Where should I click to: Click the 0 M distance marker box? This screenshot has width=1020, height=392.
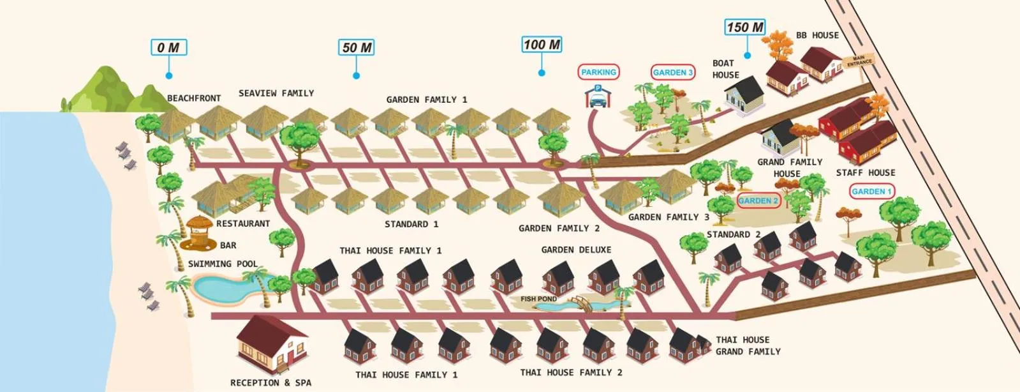click(169, 47)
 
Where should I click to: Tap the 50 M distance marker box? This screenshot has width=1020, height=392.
click(357, 47)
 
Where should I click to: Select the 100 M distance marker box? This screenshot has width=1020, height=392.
click(542, 44)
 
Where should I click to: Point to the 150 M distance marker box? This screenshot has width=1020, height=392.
click(745, 27)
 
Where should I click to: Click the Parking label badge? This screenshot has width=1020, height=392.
click(598, 72)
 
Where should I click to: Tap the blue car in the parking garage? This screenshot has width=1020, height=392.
click(597, 100)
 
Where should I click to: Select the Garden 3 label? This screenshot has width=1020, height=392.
click(672, 72)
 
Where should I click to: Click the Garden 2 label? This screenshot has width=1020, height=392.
click(758, 200)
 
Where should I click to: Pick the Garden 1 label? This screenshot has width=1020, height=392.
click(871, 191)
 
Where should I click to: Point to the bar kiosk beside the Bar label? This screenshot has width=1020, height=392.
click(199, 232)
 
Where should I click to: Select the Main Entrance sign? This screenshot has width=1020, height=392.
click(859, 61)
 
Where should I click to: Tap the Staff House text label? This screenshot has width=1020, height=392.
click(865, 172)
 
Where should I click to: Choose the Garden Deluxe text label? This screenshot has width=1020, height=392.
click(576, 250)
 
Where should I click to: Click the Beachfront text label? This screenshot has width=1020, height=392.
click(194, 98)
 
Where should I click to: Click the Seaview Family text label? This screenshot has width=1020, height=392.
click(276, 93)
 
